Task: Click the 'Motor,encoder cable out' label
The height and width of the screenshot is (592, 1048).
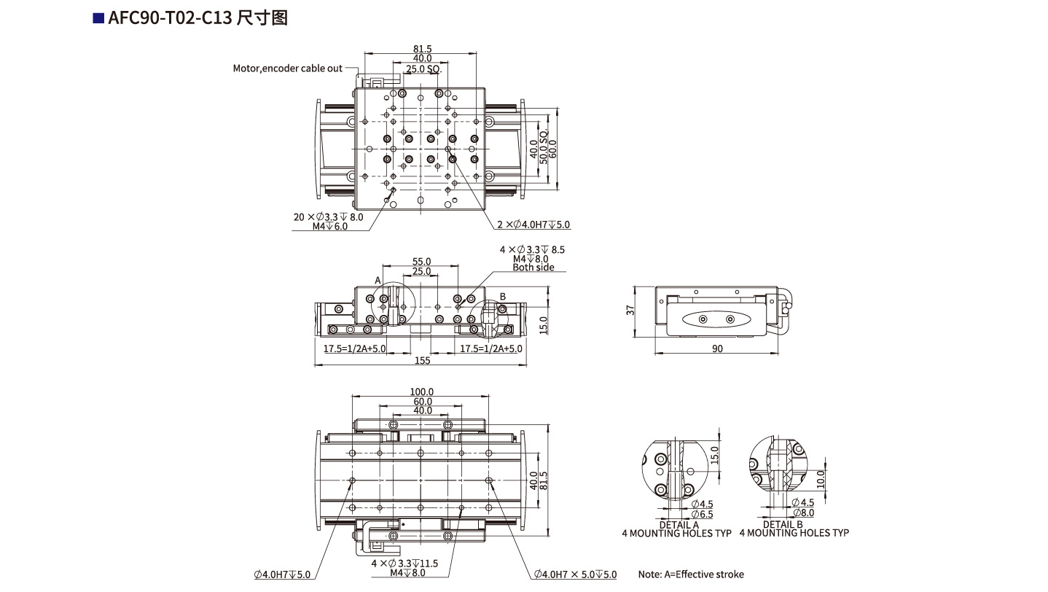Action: click(287, 69)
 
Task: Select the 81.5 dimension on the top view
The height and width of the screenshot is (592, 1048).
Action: click(422, 49)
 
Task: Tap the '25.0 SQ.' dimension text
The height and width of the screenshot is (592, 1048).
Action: click(423, 69)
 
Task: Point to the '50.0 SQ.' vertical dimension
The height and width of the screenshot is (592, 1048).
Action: click(544, 149)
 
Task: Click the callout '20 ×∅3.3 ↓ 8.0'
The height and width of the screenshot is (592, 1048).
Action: click(327, 217)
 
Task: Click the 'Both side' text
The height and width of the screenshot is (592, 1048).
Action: click(533, 268)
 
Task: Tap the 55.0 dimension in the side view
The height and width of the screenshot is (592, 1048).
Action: click(422, 261)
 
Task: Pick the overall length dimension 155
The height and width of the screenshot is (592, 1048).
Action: click(422, 360)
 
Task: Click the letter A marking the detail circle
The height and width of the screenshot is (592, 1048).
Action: click(378, 280)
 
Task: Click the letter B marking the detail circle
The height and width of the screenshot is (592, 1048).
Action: click(502, 296)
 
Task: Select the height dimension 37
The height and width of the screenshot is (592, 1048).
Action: click(630, 310)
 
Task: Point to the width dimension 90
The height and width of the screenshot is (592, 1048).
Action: click(717, 349)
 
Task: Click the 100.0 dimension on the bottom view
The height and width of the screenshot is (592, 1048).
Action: click(422, 392)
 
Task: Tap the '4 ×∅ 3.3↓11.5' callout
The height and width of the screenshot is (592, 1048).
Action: click(404, 564)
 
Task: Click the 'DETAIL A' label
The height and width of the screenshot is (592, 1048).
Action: click(679, 524)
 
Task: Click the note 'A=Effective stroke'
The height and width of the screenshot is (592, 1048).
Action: click(691, 575)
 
